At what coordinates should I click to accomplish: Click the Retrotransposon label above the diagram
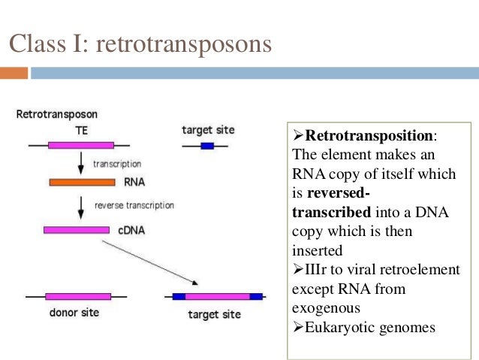pyautogui.click(x=57, y=115)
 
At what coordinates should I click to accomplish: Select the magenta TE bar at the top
pyautogui.click(x=81, y=144)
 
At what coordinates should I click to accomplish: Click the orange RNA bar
pyautogui.click(x=82, y=182)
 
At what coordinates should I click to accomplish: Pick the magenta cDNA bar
pyautogui.click(x=77, y=229)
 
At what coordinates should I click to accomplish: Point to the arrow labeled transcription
pyautogui.click(x=81, y=163)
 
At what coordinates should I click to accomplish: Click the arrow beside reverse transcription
pyautogui.click(x=81, y=205)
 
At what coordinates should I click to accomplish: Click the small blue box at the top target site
pyautogui.click(x=207, y=145)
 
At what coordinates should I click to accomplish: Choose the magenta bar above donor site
pyautogui.click(x=77, y=296)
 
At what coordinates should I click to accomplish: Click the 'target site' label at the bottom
pyautogui.click(x=215, y=313)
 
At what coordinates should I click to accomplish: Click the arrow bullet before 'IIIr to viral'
pyautogui.click(x=297, y=270)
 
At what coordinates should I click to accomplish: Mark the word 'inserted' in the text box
pyautogui.click(x=317, y=250)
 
